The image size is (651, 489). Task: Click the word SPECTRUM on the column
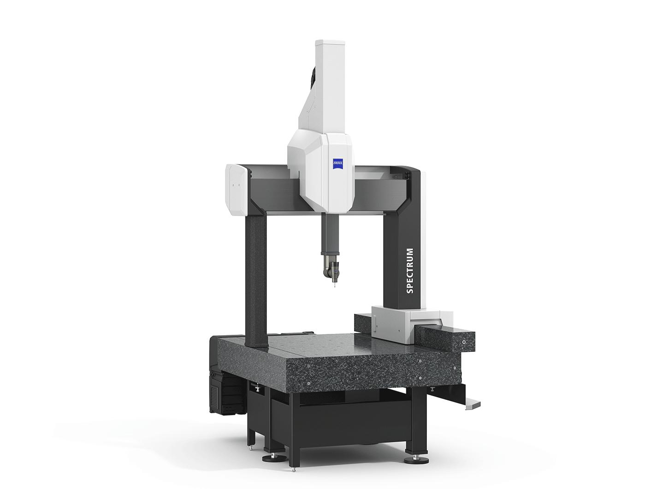(409, 271)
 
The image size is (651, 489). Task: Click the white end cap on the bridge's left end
(236, 189)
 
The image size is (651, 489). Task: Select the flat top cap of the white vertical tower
(330, 43)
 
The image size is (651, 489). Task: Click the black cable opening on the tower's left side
(312, 77)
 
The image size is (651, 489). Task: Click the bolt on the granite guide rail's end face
(463, 342)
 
